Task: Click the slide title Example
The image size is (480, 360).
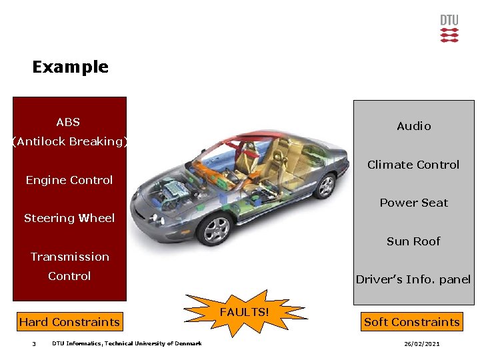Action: (70, 67)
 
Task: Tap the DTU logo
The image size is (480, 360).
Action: (449, 29)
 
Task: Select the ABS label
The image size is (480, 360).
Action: (68, 122)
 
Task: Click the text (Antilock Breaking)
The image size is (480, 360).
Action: (69, 141)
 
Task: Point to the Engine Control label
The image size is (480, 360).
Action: (69, 180)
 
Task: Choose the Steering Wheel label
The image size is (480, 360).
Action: (69, 218)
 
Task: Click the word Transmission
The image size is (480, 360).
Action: (70, 257)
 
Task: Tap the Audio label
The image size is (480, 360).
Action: (414, 126)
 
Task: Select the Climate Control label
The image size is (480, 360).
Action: (413, 165)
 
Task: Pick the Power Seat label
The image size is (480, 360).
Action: (414, 203)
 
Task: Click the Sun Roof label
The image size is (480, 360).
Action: (413, 241)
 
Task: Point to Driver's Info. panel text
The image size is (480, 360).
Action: (413, 279)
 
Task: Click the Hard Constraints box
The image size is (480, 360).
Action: (69, 322)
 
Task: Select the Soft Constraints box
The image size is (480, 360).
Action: (412, 322)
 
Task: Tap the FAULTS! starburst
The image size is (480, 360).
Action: (245, 312)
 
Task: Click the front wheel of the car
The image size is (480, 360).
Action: (216, 231)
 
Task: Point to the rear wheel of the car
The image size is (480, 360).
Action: (326, 186)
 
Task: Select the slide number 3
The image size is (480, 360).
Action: (33, 344)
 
